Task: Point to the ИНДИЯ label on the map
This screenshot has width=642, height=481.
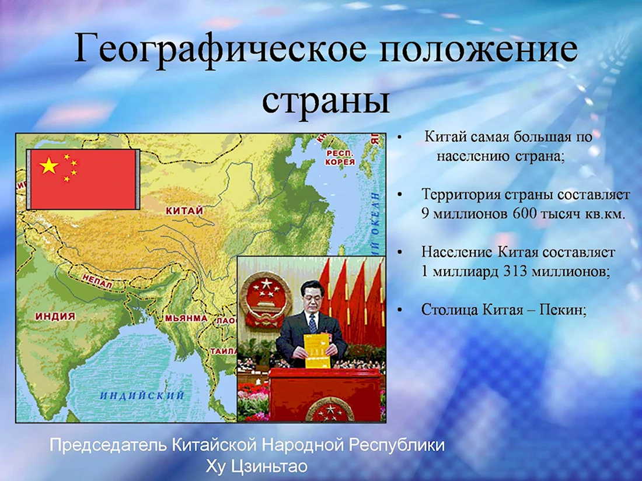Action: (x=55, y=316)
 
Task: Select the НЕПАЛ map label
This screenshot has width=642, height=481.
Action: (x=97, y=282)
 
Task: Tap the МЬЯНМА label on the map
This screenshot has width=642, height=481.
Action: (x=186, y=318)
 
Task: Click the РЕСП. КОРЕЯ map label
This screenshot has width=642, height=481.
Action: (x=340, y=157)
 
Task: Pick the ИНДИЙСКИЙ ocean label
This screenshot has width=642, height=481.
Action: (x=142, y=395)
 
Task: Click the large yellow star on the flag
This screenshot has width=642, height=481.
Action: (x=48, y=165)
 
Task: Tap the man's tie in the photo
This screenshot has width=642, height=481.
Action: (x=313, y=324)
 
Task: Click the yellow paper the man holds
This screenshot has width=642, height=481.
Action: (x=317, y=350)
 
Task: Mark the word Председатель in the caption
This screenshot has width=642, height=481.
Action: (x=109, y=445)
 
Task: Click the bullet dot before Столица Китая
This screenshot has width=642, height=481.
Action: (x=400, y=310)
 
